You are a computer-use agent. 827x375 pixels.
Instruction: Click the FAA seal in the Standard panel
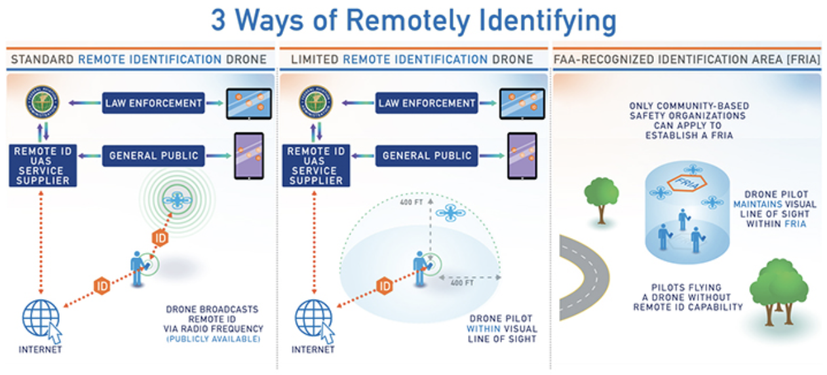[43, 103]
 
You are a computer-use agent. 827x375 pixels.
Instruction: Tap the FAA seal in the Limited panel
[316, 103]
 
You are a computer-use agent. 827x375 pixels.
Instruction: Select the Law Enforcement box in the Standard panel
[153, 103]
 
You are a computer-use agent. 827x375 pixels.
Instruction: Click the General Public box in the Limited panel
[427, 156]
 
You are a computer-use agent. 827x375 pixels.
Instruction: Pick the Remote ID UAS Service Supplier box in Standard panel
[43, 166]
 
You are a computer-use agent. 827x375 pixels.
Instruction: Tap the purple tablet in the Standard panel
[249, 156]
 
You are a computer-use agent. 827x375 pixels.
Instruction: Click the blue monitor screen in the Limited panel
[522, 104]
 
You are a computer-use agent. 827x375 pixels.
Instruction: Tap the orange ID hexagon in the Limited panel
[384, 286]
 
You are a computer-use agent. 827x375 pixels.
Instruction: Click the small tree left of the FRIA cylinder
[601, 195]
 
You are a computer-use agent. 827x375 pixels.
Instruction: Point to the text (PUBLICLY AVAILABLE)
[214, 339]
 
